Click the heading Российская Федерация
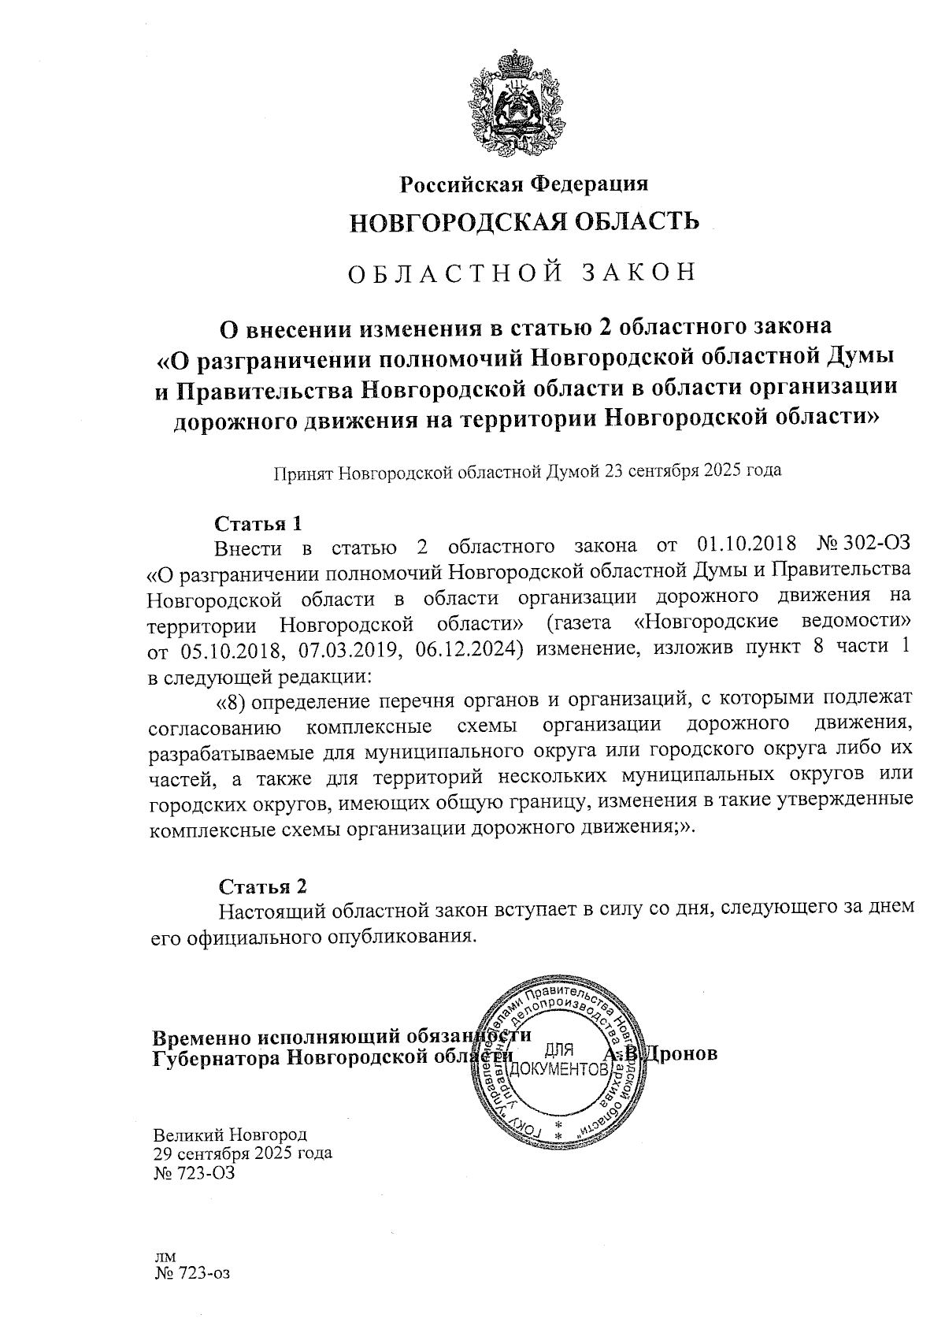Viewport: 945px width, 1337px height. coord(524,184)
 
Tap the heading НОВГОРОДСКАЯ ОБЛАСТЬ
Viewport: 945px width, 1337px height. coord(524,221)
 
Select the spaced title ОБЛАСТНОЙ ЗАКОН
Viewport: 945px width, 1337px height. coord(522,272)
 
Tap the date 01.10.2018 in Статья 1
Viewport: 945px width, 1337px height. coord(746,545)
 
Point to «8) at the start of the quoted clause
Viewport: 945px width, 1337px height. coord(232,698)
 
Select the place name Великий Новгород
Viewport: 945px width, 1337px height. coord(230,1135)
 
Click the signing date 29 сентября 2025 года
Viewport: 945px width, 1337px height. coord(242,1153)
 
